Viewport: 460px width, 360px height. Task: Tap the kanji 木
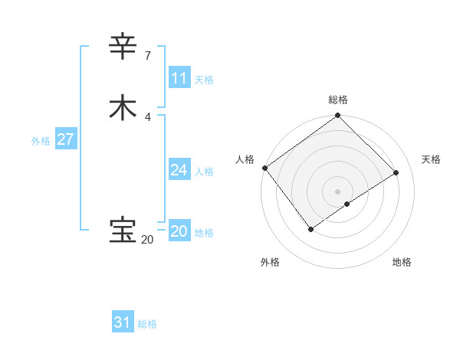[123, 108]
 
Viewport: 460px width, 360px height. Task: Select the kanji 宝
[123, 230]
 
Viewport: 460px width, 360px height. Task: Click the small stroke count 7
[147, 56]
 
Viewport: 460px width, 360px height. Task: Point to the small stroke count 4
[147, 116]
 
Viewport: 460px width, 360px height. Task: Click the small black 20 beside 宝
[147, 239]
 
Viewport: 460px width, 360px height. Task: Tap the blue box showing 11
[179, 78]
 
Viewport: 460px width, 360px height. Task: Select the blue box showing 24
[179, 170]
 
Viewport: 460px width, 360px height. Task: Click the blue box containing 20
[179, 231]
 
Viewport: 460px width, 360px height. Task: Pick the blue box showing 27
[65, 139]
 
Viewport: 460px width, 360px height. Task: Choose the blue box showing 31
[123, 322]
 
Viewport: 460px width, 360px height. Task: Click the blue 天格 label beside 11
[204, 80]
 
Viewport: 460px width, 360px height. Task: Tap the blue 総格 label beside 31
[147, 324]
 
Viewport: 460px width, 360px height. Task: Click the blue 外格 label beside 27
[41, 141]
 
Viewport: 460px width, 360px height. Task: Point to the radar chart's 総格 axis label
[338, 100]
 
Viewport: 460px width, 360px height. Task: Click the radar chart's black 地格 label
[402, 262]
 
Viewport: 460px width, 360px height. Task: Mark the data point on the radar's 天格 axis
[396, 172]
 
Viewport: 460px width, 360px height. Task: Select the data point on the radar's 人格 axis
[264, 168]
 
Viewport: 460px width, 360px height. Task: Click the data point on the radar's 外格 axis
[310, 229]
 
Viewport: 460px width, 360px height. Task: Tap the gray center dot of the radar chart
[338, 191]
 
